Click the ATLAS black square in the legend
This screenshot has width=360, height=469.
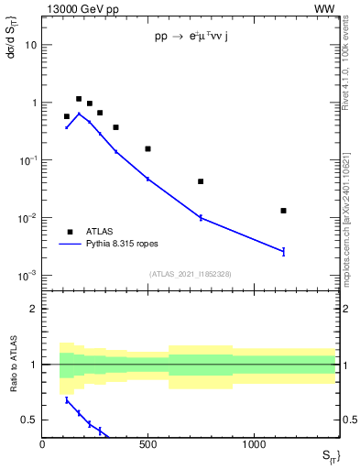70,232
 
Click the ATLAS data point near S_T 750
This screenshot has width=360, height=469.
201,181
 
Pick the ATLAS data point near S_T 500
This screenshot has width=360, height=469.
147,148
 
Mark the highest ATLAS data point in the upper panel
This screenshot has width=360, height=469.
79,99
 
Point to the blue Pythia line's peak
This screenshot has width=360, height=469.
79,114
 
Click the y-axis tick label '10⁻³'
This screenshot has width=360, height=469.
27,276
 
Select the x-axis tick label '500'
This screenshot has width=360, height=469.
147,442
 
